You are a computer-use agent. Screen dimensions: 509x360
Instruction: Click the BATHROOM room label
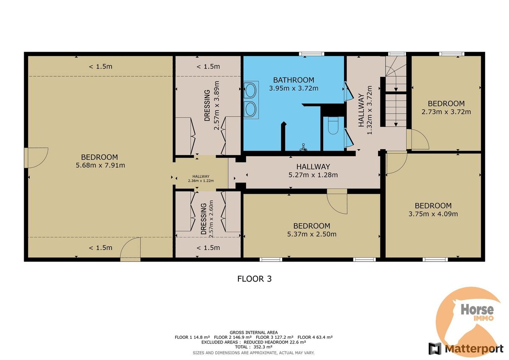[x=294, y=80]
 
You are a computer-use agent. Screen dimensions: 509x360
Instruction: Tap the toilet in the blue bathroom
[x=333, y=126]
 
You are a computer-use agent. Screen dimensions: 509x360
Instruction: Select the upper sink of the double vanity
[x=250, y=90]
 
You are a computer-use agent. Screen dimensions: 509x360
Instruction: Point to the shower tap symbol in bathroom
[x=303, y=148]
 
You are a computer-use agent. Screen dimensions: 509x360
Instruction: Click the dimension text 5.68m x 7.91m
[x=100, y=165]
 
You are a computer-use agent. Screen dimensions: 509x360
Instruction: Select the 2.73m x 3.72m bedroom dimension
[x=446, y=112]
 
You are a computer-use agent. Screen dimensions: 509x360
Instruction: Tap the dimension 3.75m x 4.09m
[x=433, y=214]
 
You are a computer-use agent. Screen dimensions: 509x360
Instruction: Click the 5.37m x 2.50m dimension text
[x=311, y=234]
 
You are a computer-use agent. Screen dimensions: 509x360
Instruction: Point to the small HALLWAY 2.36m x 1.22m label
[x=201, y=179]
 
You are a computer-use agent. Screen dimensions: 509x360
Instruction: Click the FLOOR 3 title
[x=254, y=279]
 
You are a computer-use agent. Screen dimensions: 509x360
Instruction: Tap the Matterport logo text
[x=474, y=349]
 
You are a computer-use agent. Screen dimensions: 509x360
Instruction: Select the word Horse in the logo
[x=477, y=310]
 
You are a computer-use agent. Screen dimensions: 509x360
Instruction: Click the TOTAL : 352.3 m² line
[x=254, y=347]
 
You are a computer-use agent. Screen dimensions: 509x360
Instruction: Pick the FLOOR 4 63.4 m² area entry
[x=315, y=337]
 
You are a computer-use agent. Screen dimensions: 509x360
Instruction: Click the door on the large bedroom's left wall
[x=36, y=158]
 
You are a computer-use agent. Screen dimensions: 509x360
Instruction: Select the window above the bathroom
[x=311, y=54]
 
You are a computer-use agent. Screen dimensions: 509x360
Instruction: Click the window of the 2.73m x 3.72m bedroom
[x=451, y=54]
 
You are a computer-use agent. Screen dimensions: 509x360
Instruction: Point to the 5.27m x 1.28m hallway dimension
[x=313, y=175]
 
